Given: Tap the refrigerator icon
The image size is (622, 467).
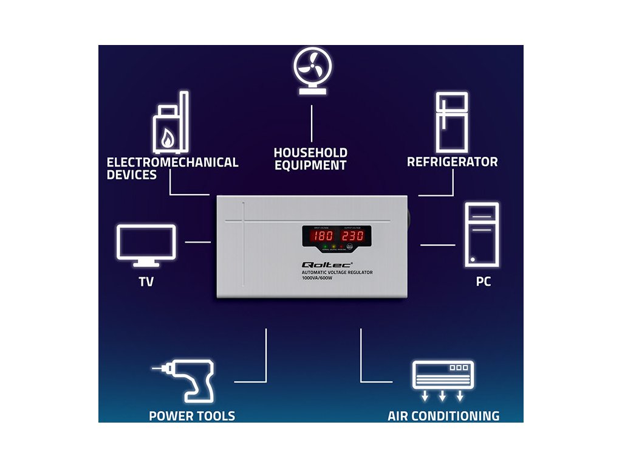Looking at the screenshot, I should point(452,122).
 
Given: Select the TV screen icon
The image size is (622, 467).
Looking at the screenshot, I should point(146,246).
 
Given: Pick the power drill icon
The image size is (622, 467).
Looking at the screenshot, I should point(185,381).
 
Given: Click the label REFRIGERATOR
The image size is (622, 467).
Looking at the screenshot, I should point(452,162).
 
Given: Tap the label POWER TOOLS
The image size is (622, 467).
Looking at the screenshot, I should point(192,417).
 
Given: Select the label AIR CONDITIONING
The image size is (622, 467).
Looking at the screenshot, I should point(443,417).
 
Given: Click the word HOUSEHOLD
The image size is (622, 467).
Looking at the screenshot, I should point(310,153).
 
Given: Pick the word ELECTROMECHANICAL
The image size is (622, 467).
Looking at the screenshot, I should point(173,162).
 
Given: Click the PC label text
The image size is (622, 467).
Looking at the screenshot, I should point(484,282).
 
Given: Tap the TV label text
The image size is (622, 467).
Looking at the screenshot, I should point(146,282).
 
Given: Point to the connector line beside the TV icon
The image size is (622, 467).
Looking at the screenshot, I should point(197,242).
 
